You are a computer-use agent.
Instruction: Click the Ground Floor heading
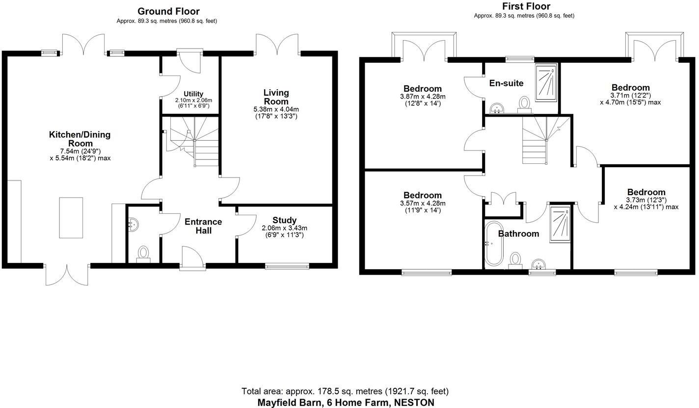coord(168,11)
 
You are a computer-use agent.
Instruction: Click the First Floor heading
coord(526,6)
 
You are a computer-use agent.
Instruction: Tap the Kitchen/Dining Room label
coord(80,139)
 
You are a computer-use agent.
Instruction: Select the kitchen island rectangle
coord(71,217)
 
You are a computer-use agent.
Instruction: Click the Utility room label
coord(193,94)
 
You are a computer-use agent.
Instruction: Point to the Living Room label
coord(276,97)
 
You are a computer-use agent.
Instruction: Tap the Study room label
coord(284,220)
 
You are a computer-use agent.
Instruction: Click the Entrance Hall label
coord(203,226)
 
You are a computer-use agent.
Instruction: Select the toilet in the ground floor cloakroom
coord(143,254)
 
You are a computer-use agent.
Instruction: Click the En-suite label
coord(506,83)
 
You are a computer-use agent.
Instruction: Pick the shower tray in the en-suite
coord(546,82)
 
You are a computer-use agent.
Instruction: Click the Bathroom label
coord(518,234)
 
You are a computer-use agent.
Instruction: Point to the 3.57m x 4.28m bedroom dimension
coord(422,204)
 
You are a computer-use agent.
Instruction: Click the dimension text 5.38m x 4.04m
coord(276,109)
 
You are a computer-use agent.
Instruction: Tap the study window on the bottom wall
coord(287,266)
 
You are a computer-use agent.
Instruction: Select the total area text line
coord(345,391)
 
